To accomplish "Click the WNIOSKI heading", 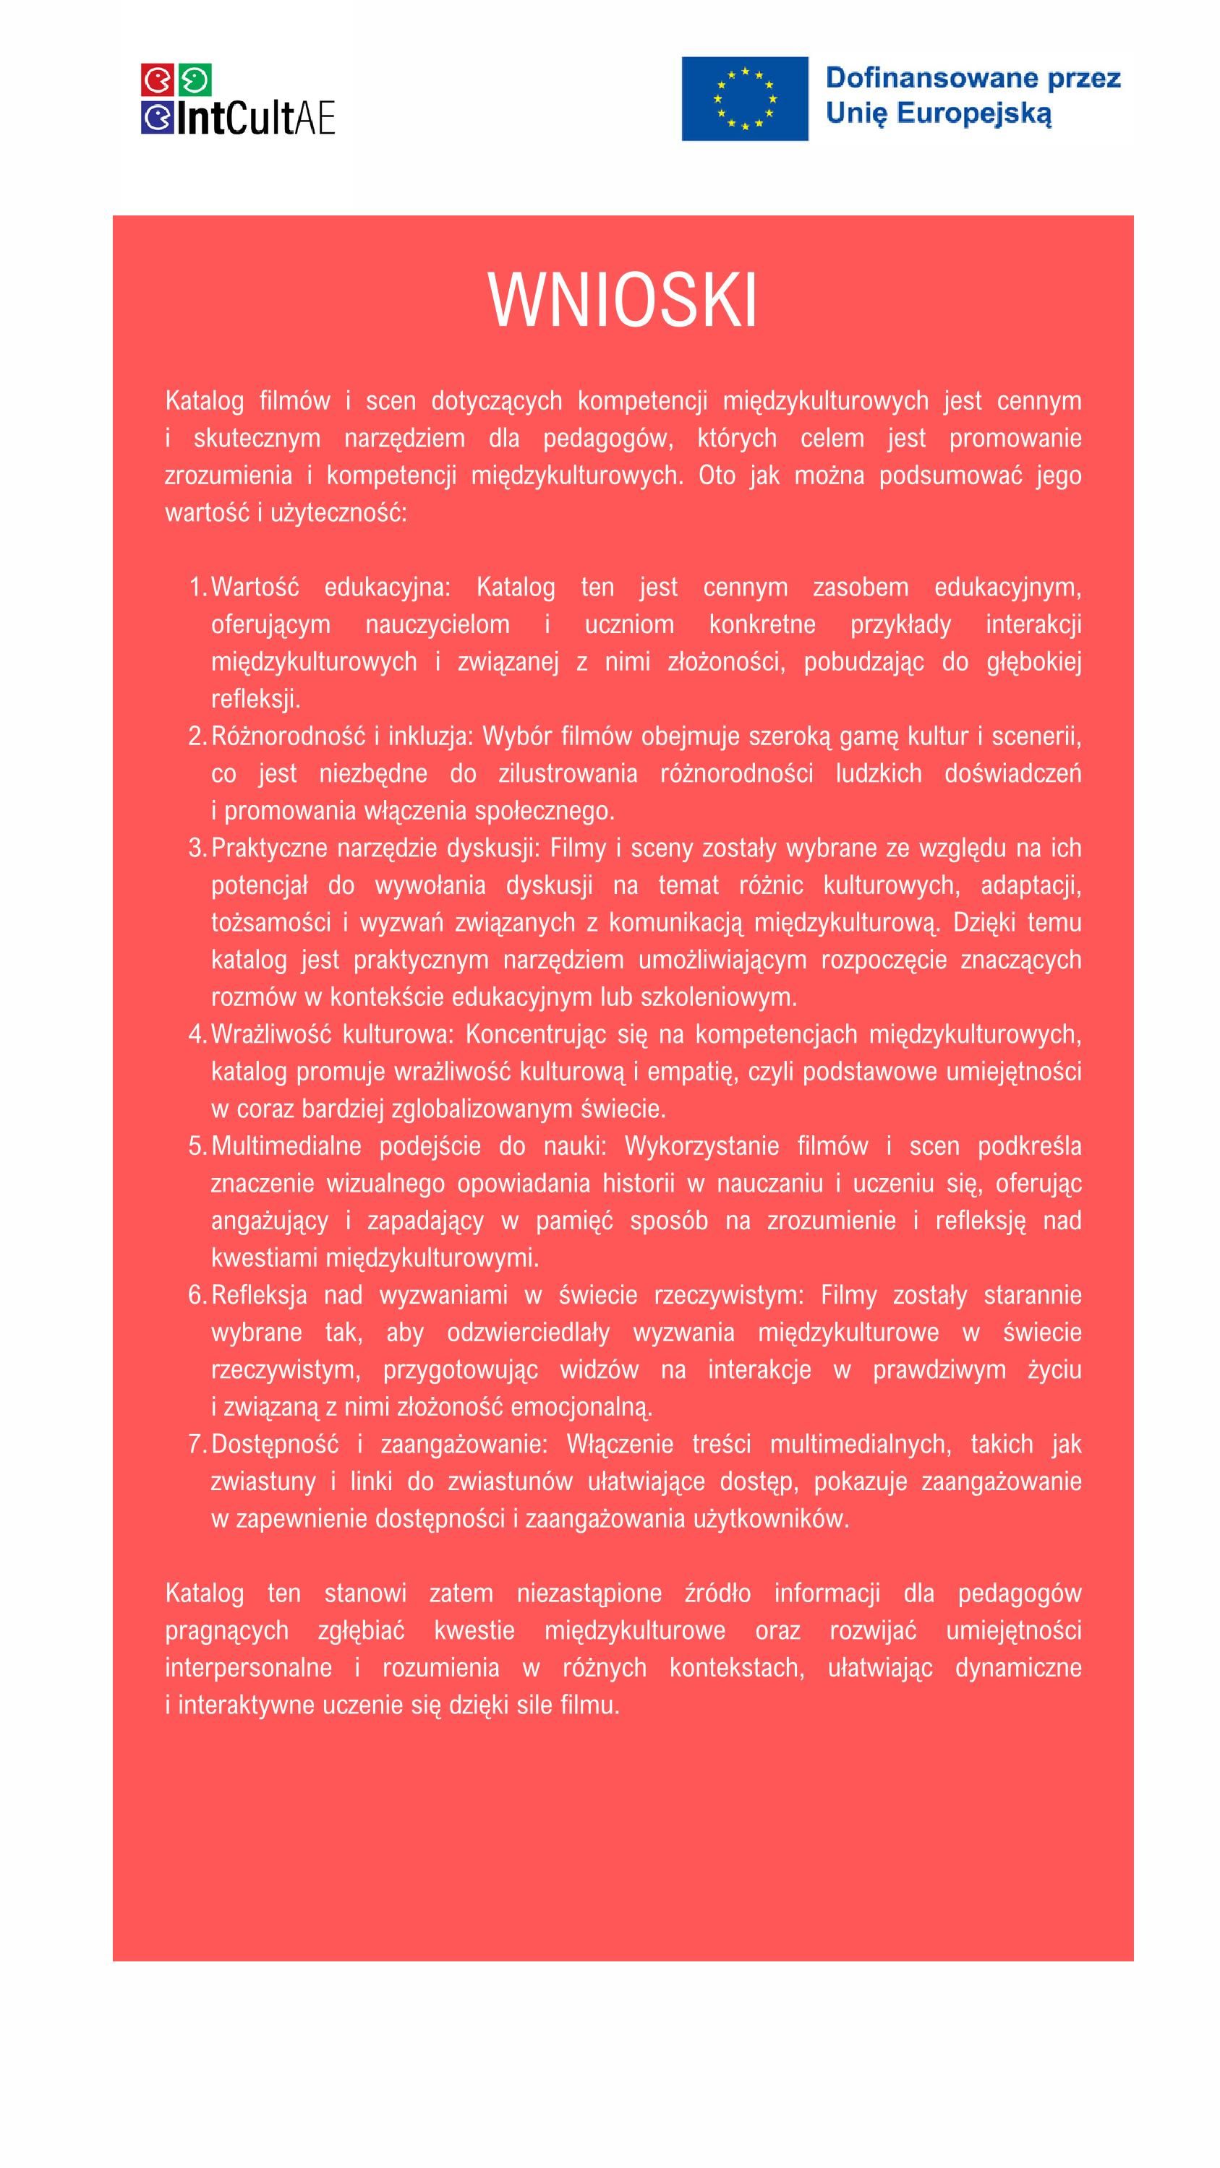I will click(x=623, y=301).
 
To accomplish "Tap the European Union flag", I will click(x=744, y=98).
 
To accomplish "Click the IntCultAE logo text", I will click(x=256, y=119).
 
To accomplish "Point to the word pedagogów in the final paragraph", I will click(x=1019, y=1593).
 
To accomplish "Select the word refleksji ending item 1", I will click(x=256, y=699).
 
